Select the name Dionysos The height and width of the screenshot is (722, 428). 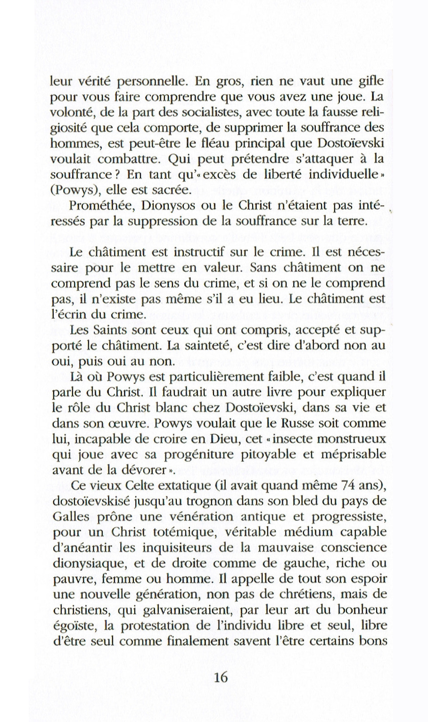(x=157, y=205)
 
